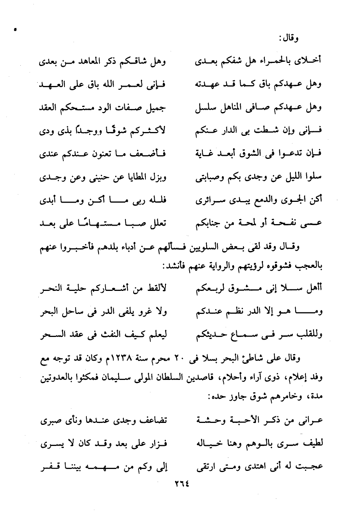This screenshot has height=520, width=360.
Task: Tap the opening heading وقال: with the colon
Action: (291, 38)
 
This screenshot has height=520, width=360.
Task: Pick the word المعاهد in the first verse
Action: (91, 61)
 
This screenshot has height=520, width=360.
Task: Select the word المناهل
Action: (229, 108)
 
